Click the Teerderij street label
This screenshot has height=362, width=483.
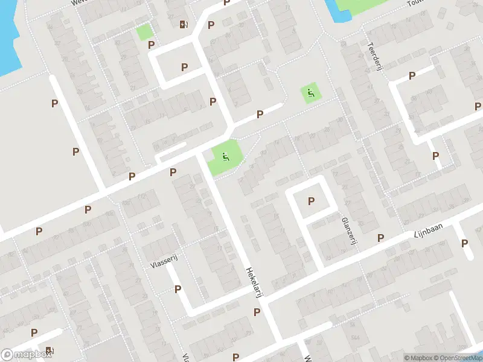click(376, 56)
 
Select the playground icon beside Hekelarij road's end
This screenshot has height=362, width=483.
click(225, 157)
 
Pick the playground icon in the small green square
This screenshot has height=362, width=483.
click(310, 93)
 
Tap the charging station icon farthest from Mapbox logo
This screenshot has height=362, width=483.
click(183, 24)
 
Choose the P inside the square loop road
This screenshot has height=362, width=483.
click(311, 201)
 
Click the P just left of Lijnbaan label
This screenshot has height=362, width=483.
click(380, 238)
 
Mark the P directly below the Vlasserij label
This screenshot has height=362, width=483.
click(178, 289)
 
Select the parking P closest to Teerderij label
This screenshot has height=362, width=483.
click(412, 75)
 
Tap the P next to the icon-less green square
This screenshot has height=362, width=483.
click(152, 44)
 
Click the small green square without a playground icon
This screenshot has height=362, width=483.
click(144, 32)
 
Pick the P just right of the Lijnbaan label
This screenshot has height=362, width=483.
click(464, 243)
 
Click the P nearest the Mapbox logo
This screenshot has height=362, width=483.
click(34, 332)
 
